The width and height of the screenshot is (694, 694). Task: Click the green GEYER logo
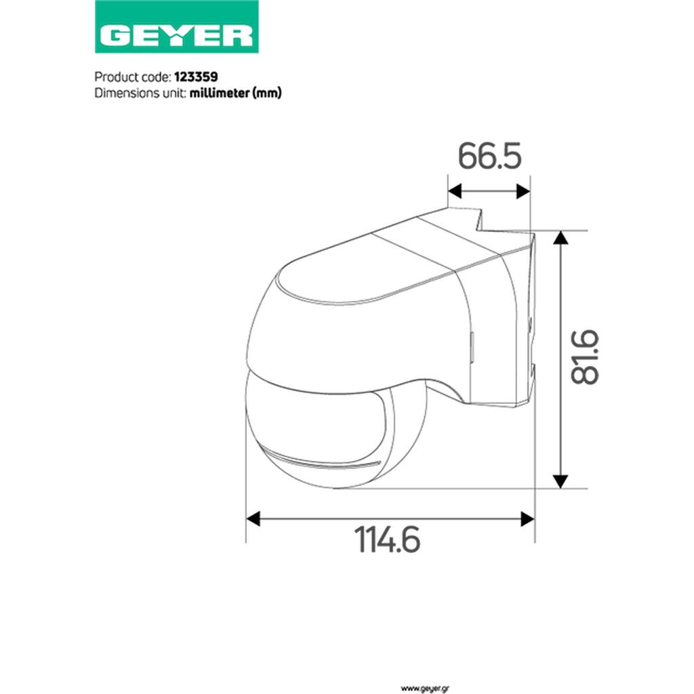(177, 26)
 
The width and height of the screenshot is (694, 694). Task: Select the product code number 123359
(196, 77)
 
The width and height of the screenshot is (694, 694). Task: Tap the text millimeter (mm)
(235, 93)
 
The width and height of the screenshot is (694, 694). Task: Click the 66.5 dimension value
(489, 156)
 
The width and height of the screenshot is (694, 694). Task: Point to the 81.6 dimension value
(584, 356)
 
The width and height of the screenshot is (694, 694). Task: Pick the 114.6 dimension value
(387, 539)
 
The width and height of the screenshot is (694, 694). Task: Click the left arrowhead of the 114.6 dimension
(253, 518)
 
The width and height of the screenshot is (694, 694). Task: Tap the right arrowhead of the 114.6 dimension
(527, 518)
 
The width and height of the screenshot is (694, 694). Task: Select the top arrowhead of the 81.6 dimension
(560, 238)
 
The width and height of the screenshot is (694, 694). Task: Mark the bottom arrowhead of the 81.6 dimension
(560, 482)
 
